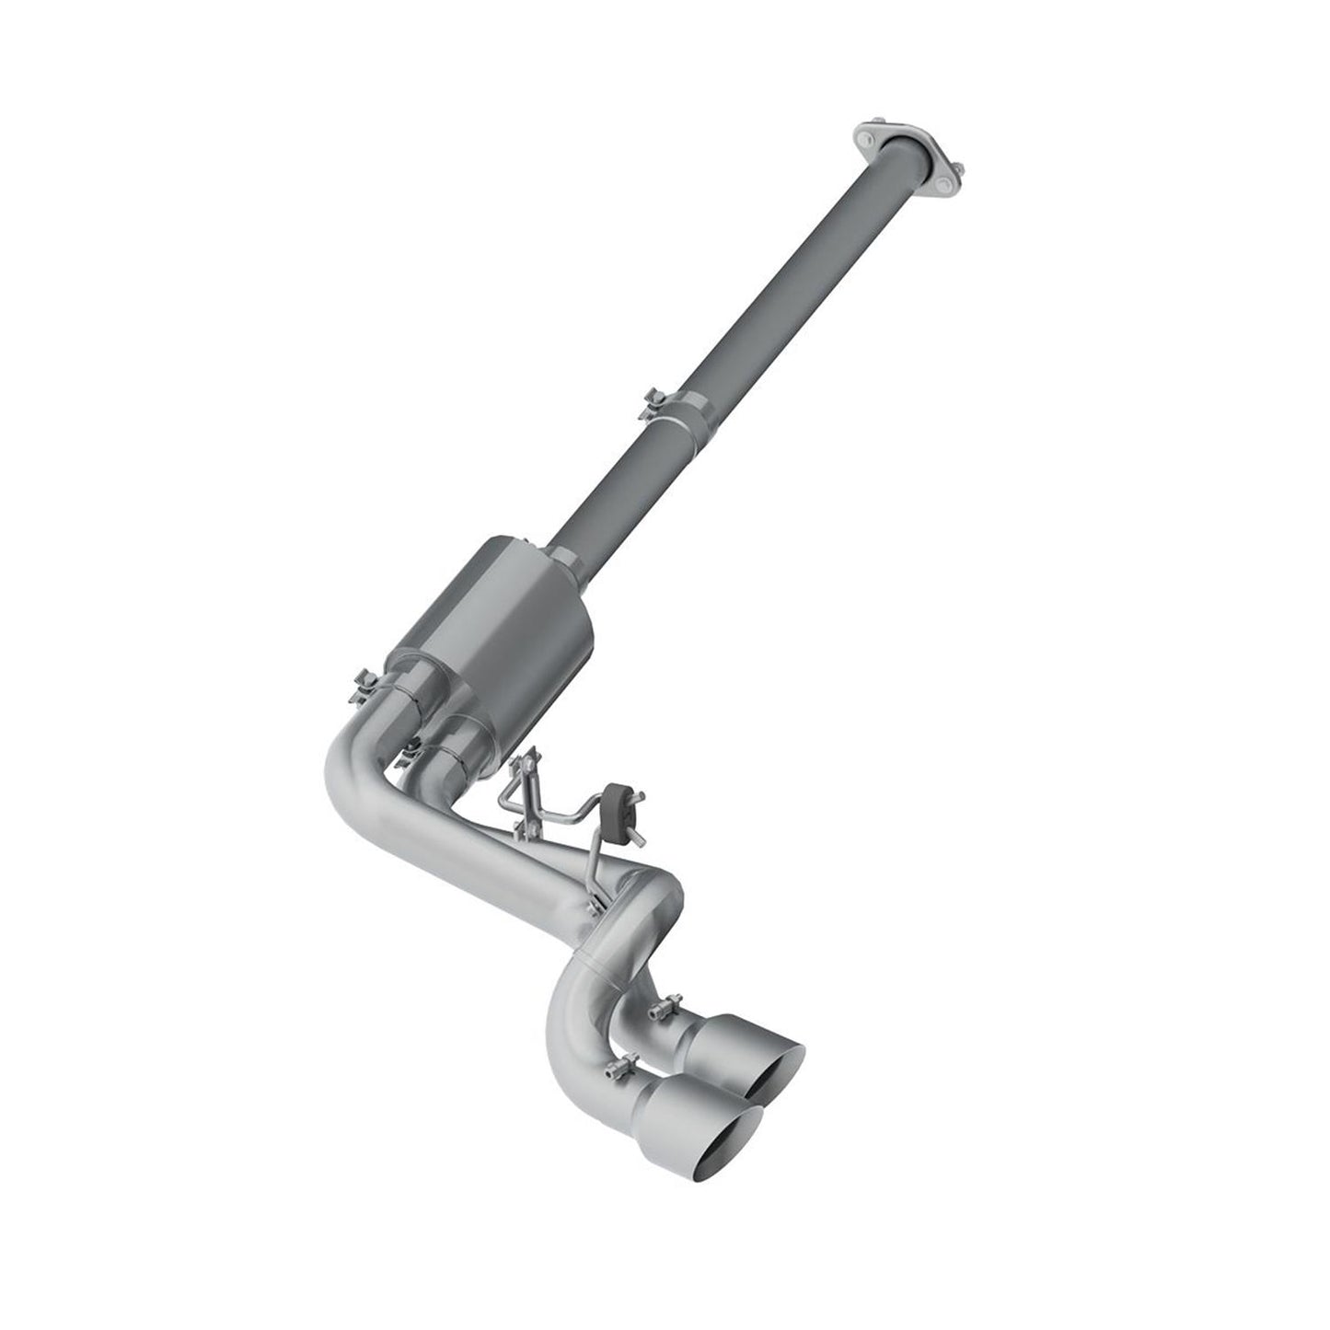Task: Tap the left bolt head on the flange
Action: [x=866, y=138]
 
